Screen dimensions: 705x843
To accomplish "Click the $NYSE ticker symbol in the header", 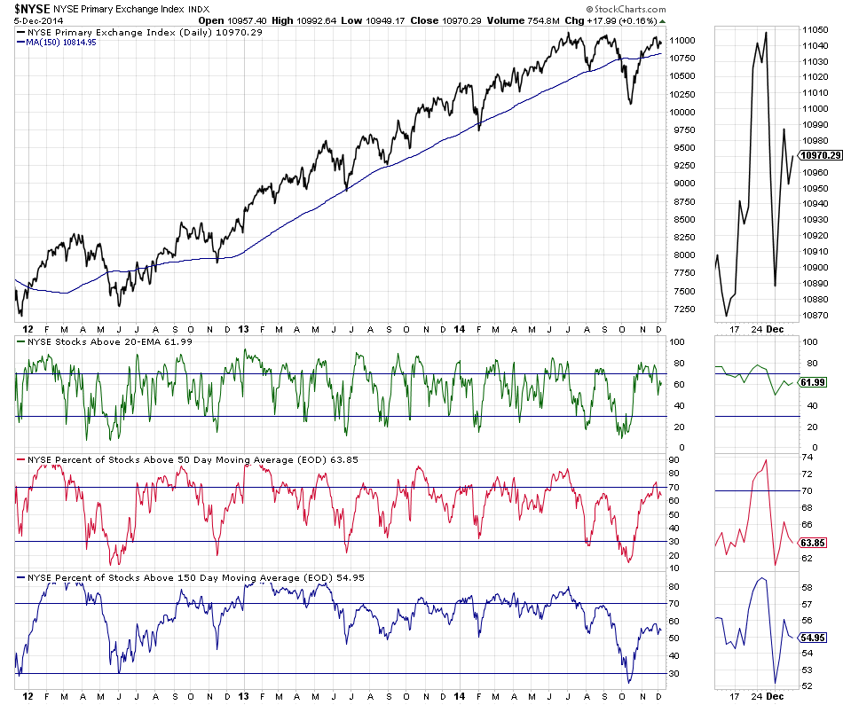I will pyautogui.click(x=26, y=8).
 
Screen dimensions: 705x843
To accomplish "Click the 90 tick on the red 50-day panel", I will pyautogui.click(x=675, y=461).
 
